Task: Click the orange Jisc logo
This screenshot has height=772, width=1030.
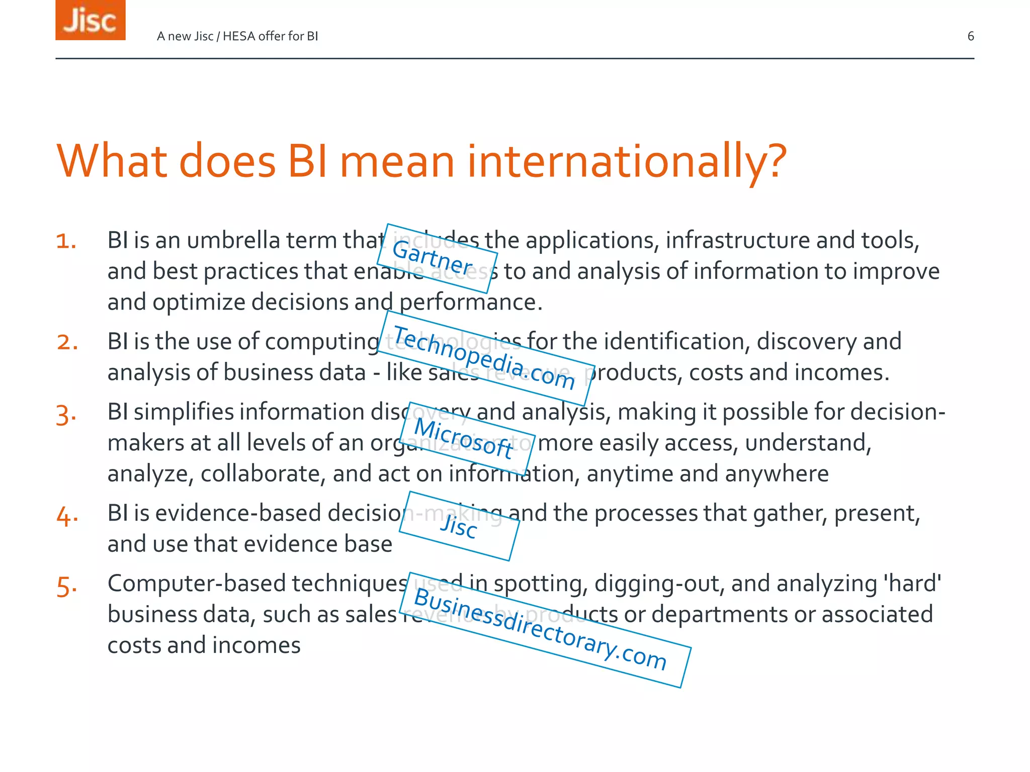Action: click(x=90, y=20)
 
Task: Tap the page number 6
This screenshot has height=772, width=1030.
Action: click(x=971, y=36)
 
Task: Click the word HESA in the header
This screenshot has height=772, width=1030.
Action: click(x=239, y=36)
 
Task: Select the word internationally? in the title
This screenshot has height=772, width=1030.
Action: click(x=627, y=162)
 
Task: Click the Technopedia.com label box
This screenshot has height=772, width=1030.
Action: click(x=486, y=358)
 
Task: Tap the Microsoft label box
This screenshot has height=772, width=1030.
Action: click(x=467, y=439)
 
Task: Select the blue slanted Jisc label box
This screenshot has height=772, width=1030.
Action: click(x=459, y=526)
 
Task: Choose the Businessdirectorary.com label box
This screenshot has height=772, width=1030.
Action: click(x=544, y=630)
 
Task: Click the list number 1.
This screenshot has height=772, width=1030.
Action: click(x=66, y=241)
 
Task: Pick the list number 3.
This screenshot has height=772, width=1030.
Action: click(x=66, y=415)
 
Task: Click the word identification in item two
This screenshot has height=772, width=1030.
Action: click(x=676, y=342)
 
